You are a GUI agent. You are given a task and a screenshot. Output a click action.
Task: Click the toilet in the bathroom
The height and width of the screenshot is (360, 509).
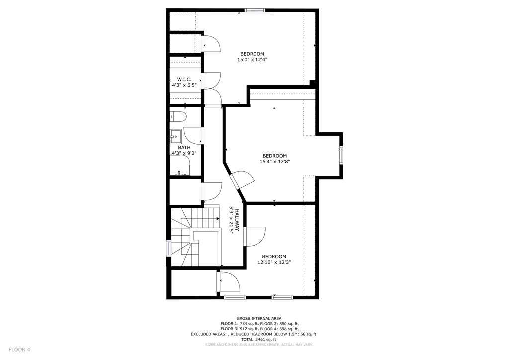tap(178, 117)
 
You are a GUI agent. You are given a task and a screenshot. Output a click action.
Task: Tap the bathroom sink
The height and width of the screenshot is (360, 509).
tap(174, 135)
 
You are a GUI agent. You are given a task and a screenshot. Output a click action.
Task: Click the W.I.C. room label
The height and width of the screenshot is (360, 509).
tap(184, 80)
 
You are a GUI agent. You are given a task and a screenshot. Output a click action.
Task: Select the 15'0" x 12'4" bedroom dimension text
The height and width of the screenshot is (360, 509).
tap(252, 60)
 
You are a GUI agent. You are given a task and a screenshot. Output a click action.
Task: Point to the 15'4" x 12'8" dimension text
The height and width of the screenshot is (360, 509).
tap(274, 161)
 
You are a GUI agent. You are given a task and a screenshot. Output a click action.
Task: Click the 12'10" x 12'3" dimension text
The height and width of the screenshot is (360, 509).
tap(274, 262)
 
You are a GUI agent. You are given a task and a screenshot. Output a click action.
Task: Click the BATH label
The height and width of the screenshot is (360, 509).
tap(184, 147)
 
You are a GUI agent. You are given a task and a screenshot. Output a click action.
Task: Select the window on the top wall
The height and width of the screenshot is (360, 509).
tap(254, 10)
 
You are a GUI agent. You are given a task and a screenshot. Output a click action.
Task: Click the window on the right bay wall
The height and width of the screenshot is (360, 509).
tap(341, 155)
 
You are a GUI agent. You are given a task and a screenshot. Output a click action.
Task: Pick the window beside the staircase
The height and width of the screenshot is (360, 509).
tap(168, 248)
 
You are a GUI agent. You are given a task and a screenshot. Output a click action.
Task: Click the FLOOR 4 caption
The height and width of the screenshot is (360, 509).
tap(19, 350)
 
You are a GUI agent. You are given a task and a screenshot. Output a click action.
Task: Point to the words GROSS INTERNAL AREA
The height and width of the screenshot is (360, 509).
tap(258, 318)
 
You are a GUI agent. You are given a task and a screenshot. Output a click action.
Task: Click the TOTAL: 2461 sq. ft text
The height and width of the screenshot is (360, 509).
tap(258, 339)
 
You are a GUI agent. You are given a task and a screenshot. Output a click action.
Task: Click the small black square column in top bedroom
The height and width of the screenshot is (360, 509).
tap(312, 83)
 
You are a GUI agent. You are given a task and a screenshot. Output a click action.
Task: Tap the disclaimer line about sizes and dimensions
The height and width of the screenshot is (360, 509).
tap(258, 345)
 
